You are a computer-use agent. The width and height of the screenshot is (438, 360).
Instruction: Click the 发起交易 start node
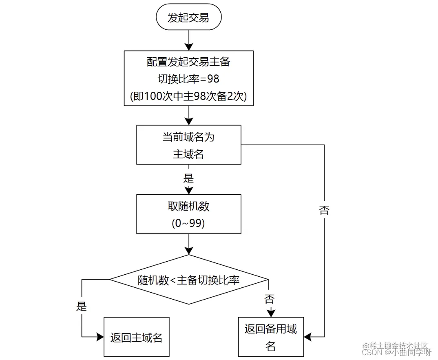coord(188,18)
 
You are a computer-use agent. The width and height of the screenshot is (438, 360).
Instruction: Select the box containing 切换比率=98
coord(188,78)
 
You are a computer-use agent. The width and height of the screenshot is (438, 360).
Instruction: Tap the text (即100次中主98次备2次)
coord(188,96)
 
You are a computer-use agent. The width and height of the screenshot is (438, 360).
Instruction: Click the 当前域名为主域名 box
coord(188,145)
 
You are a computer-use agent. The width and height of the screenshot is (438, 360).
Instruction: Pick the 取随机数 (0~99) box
coord(188,214)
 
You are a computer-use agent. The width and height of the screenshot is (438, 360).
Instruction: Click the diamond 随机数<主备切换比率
coord(188,280)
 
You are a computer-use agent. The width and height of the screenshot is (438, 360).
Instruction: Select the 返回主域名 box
coord(136,337)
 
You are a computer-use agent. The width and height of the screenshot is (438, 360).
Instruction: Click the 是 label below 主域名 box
coord(188,178)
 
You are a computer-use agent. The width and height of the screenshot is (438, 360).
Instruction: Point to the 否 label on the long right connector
coord(324,211)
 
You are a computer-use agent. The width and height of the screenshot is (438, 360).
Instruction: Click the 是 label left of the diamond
coord(82,306)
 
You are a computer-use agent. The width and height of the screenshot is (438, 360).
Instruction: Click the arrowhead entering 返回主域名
coord(100,337)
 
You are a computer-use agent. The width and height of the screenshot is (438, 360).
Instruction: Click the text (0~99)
coord(188,224)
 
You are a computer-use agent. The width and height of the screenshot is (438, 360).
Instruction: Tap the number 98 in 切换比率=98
coord(212,78)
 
